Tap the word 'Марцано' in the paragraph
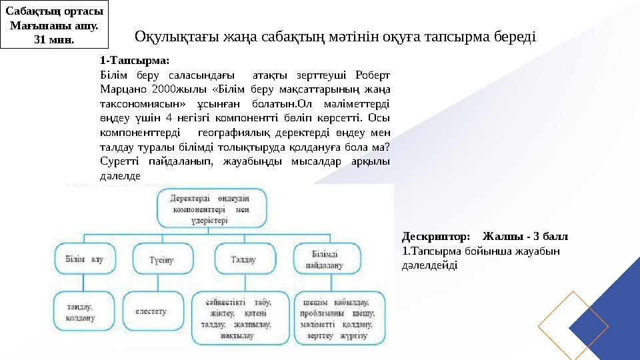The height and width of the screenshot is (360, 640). pos(121,88)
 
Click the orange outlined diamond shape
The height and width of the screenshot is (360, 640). pos(573,324)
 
